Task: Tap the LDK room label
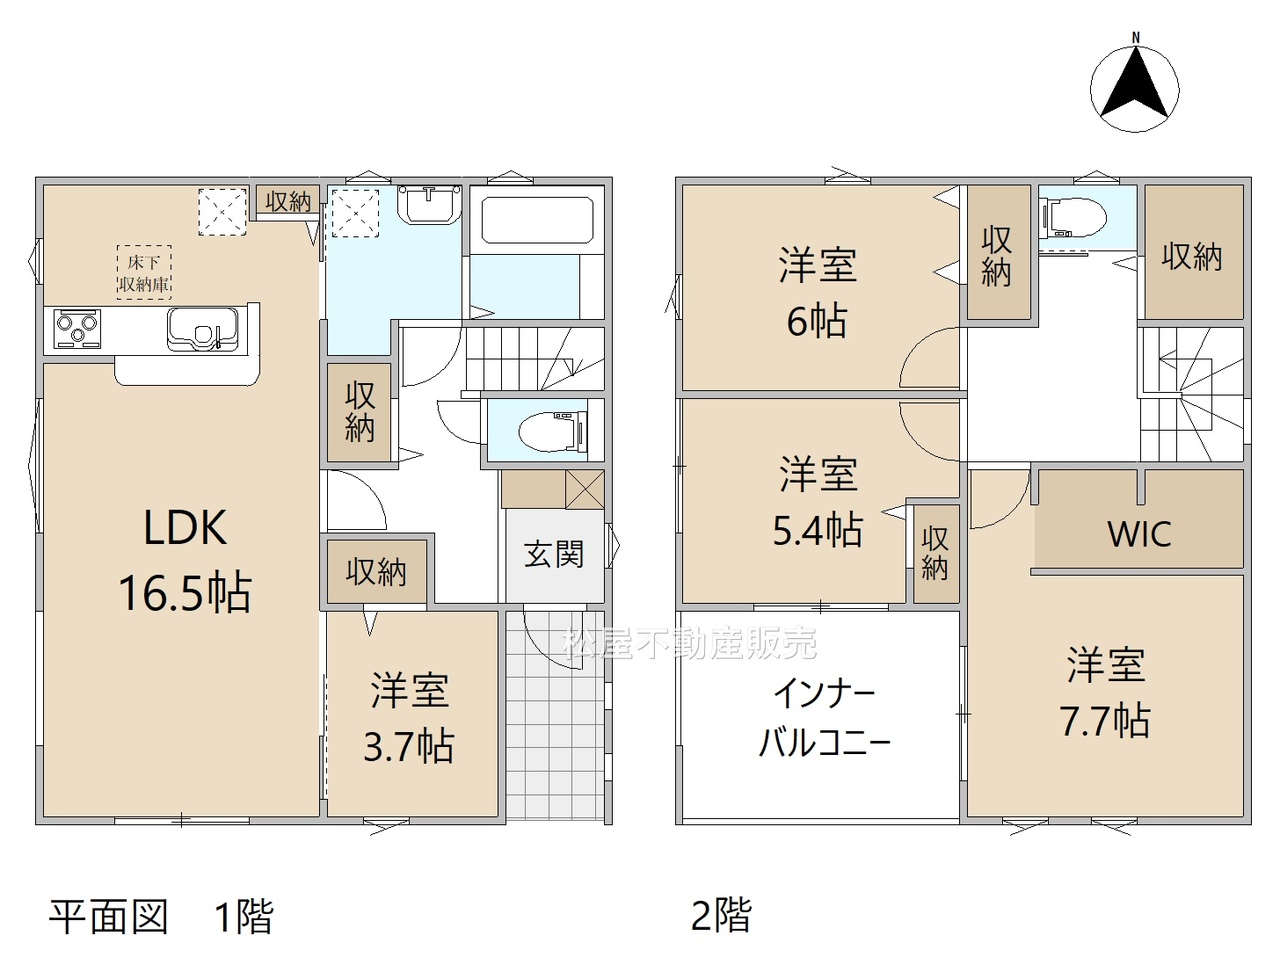click(185, 527)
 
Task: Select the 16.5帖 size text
click(185, 592)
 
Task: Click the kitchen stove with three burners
click(77, 329)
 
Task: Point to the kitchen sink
click(202, 329)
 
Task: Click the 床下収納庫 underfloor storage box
click(143, 272)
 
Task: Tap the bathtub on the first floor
click(537, 220)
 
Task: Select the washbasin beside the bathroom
click(430, 204)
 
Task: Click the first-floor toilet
click(552, 431)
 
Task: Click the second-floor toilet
click(1076, 217)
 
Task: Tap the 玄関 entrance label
click(553, 554)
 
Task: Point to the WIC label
click(1139, 534)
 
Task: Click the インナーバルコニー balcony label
click(824, 719)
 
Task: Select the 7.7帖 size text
click(1104, 721)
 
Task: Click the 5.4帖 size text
click(817, 529)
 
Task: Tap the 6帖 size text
click(817, 320)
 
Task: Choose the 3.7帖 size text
click(409, 746)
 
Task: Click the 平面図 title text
click(108, 916)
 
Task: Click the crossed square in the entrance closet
click(584, 490)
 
